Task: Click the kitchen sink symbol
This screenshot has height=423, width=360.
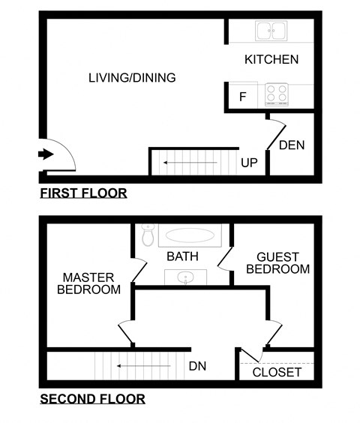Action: coord(270,31)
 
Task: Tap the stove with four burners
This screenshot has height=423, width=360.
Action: coord(277,95)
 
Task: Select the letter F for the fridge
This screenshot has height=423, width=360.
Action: coord(242,97)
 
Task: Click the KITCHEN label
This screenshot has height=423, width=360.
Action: coord(271,59)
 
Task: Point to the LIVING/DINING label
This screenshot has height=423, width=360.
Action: coord(132,77)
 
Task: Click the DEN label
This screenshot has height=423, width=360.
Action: coord(292,145)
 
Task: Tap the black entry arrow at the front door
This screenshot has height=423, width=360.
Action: coord(46,154)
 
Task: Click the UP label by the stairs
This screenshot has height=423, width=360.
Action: coord(250,162)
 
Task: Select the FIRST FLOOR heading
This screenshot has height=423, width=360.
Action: coord(83,193)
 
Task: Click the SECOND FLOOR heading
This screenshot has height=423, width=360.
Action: coord(92,399)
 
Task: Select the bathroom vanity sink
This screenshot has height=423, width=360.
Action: coord(182,278)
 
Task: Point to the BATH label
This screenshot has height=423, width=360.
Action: coord(182,256)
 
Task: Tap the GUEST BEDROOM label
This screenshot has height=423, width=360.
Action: coord(277,262)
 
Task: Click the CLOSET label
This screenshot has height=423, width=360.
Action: coord(277,372)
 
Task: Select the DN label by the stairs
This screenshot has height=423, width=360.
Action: coord(198,367)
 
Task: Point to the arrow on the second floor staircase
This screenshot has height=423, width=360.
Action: coord(139,367)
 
